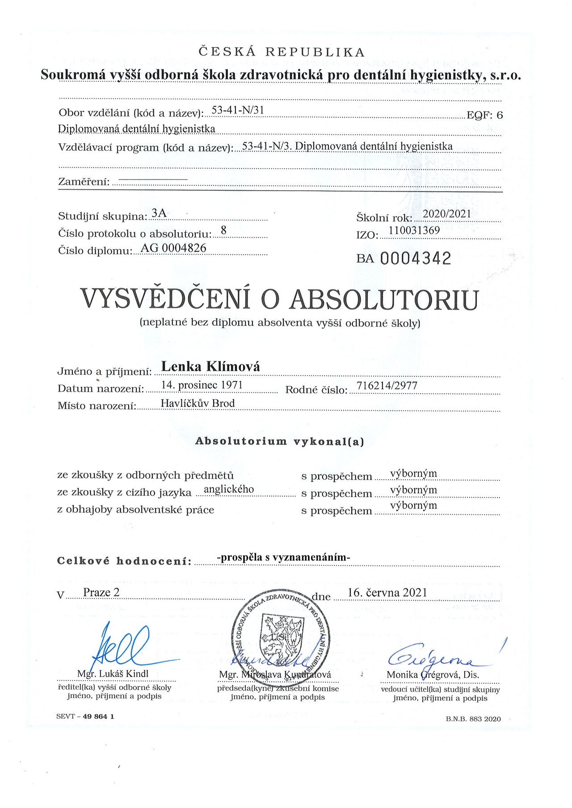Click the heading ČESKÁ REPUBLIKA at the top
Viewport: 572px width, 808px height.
pyautogui.click(x=282, y=52)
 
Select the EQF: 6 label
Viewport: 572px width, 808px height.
pyautogui.click(x=485, y=115)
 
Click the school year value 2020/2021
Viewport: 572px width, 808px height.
pyautogui.click(x=447, y=214)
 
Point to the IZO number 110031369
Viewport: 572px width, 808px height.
pyautogui.click(x=414, y=230)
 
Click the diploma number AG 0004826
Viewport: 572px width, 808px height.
pyautogui.click(x=173, y=248)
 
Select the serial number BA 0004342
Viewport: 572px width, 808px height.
pyautogui.click(x=404, y=259)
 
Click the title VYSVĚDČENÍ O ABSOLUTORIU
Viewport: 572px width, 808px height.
pyautogui.click(x=279, y=299)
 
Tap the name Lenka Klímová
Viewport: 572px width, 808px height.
pyautogui.click(x=210, y=367)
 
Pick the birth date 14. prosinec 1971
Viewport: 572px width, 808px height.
pyautogui.click(x=202, y=385)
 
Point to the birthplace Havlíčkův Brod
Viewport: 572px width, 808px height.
pyautogui.click(x=198, y=403)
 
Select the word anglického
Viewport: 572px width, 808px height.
pyautogui.click(x=229, y=489)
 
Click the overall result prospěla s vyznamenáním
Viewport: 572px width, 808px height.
pyautogui.click(x=283, y=557)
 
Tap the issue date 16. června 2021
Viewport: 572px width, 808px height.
pyautogui.click(x=387, y=593)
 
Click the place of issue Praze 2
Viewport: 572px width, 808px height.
pyautogui.click(x=101, y=593)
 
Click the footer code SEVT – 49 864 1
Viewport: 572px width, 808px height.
pyautogui.click(x=85, y=716)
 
